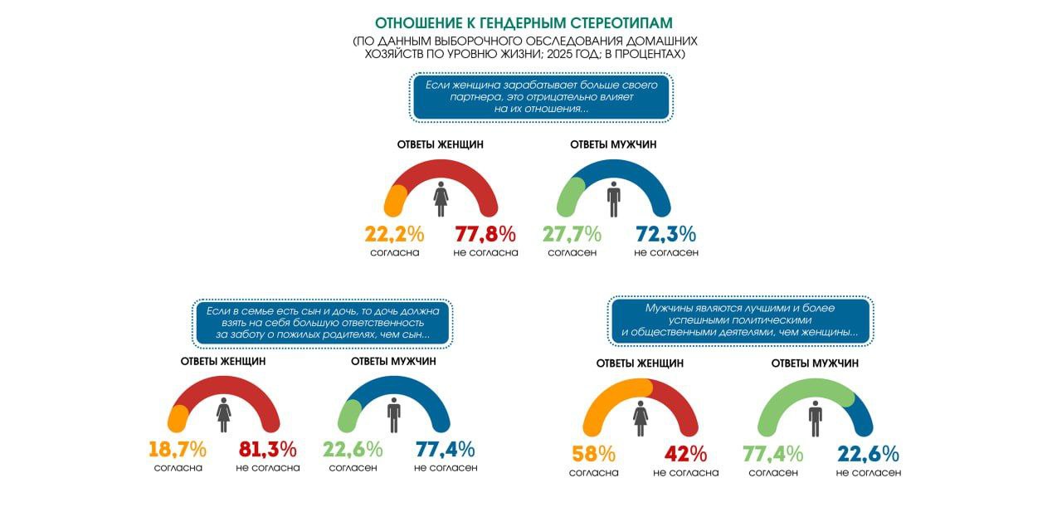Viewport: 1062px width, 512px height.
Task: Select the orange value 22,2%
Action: pyautogui.click(x=395, y=234)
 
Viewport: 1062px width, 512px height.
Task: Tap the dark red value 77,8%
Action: pyautogui.click(x=485, y=234)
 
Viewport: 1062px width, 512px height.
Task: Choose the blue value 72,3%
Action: pyautogui.click(x=665, y=234)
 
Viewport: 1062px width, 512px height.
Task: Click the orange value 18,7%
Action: pyautogui.click(x=178, y=450)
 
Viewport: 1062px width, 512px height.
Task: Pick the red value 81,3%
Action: pyautogui.click(x=267, y=450)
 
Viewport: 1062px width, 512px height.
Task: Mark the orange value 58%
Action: pyautogui.click(x=593, y=455)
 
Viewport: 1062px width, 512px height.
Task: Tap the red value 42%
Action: pyautogui.click(x=685, y=455)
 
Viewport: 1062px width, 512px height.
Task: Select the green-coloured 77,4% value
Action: pyautogui.click(x=772, y=455)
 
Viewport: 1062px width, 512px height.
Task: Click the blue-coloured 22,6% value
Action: pyautogui.click(x=868, y=455)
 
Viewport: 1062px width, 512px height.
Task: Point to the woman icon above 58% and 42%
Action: pyautogui.click(x=641, y=417)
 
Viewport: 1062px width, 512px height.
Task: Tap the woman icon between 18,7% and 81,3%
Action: pyautogui.click(x=223, y=413)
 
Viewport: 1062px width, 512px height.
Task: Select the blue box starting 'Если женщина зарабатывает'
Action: pyautogui.click(x=541, y=96)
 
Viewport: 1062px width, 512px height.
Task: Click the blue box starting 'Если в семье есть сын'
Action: pyautogui.click(x=321, y=322)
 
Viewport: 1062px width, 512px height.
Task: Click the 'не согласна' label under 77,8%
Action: pyautogui.click(x=485, y=252)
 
